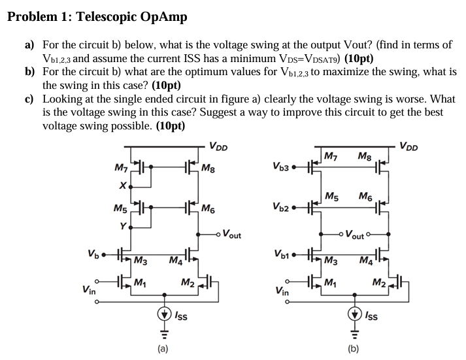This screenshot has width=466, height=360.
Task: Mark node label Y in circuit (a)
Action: point(122,227)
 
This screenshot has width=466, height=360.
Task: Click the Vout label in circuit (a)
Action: point(231,234)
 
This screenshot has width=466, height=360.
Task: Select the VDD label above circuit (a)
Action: point(218,146)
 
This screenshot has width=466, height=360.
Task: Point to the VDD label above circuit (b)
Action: point(408,146)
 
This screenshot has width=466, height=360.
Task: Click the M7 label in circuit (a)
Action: point(122,169)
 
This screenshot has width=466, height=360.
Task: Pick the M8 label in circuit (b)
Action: point(365,156)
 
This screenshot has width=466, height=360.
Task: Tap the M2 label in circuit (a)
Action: point(187,282)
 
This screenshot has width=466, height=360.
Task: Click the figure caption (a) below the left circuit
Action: point(161,348)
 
